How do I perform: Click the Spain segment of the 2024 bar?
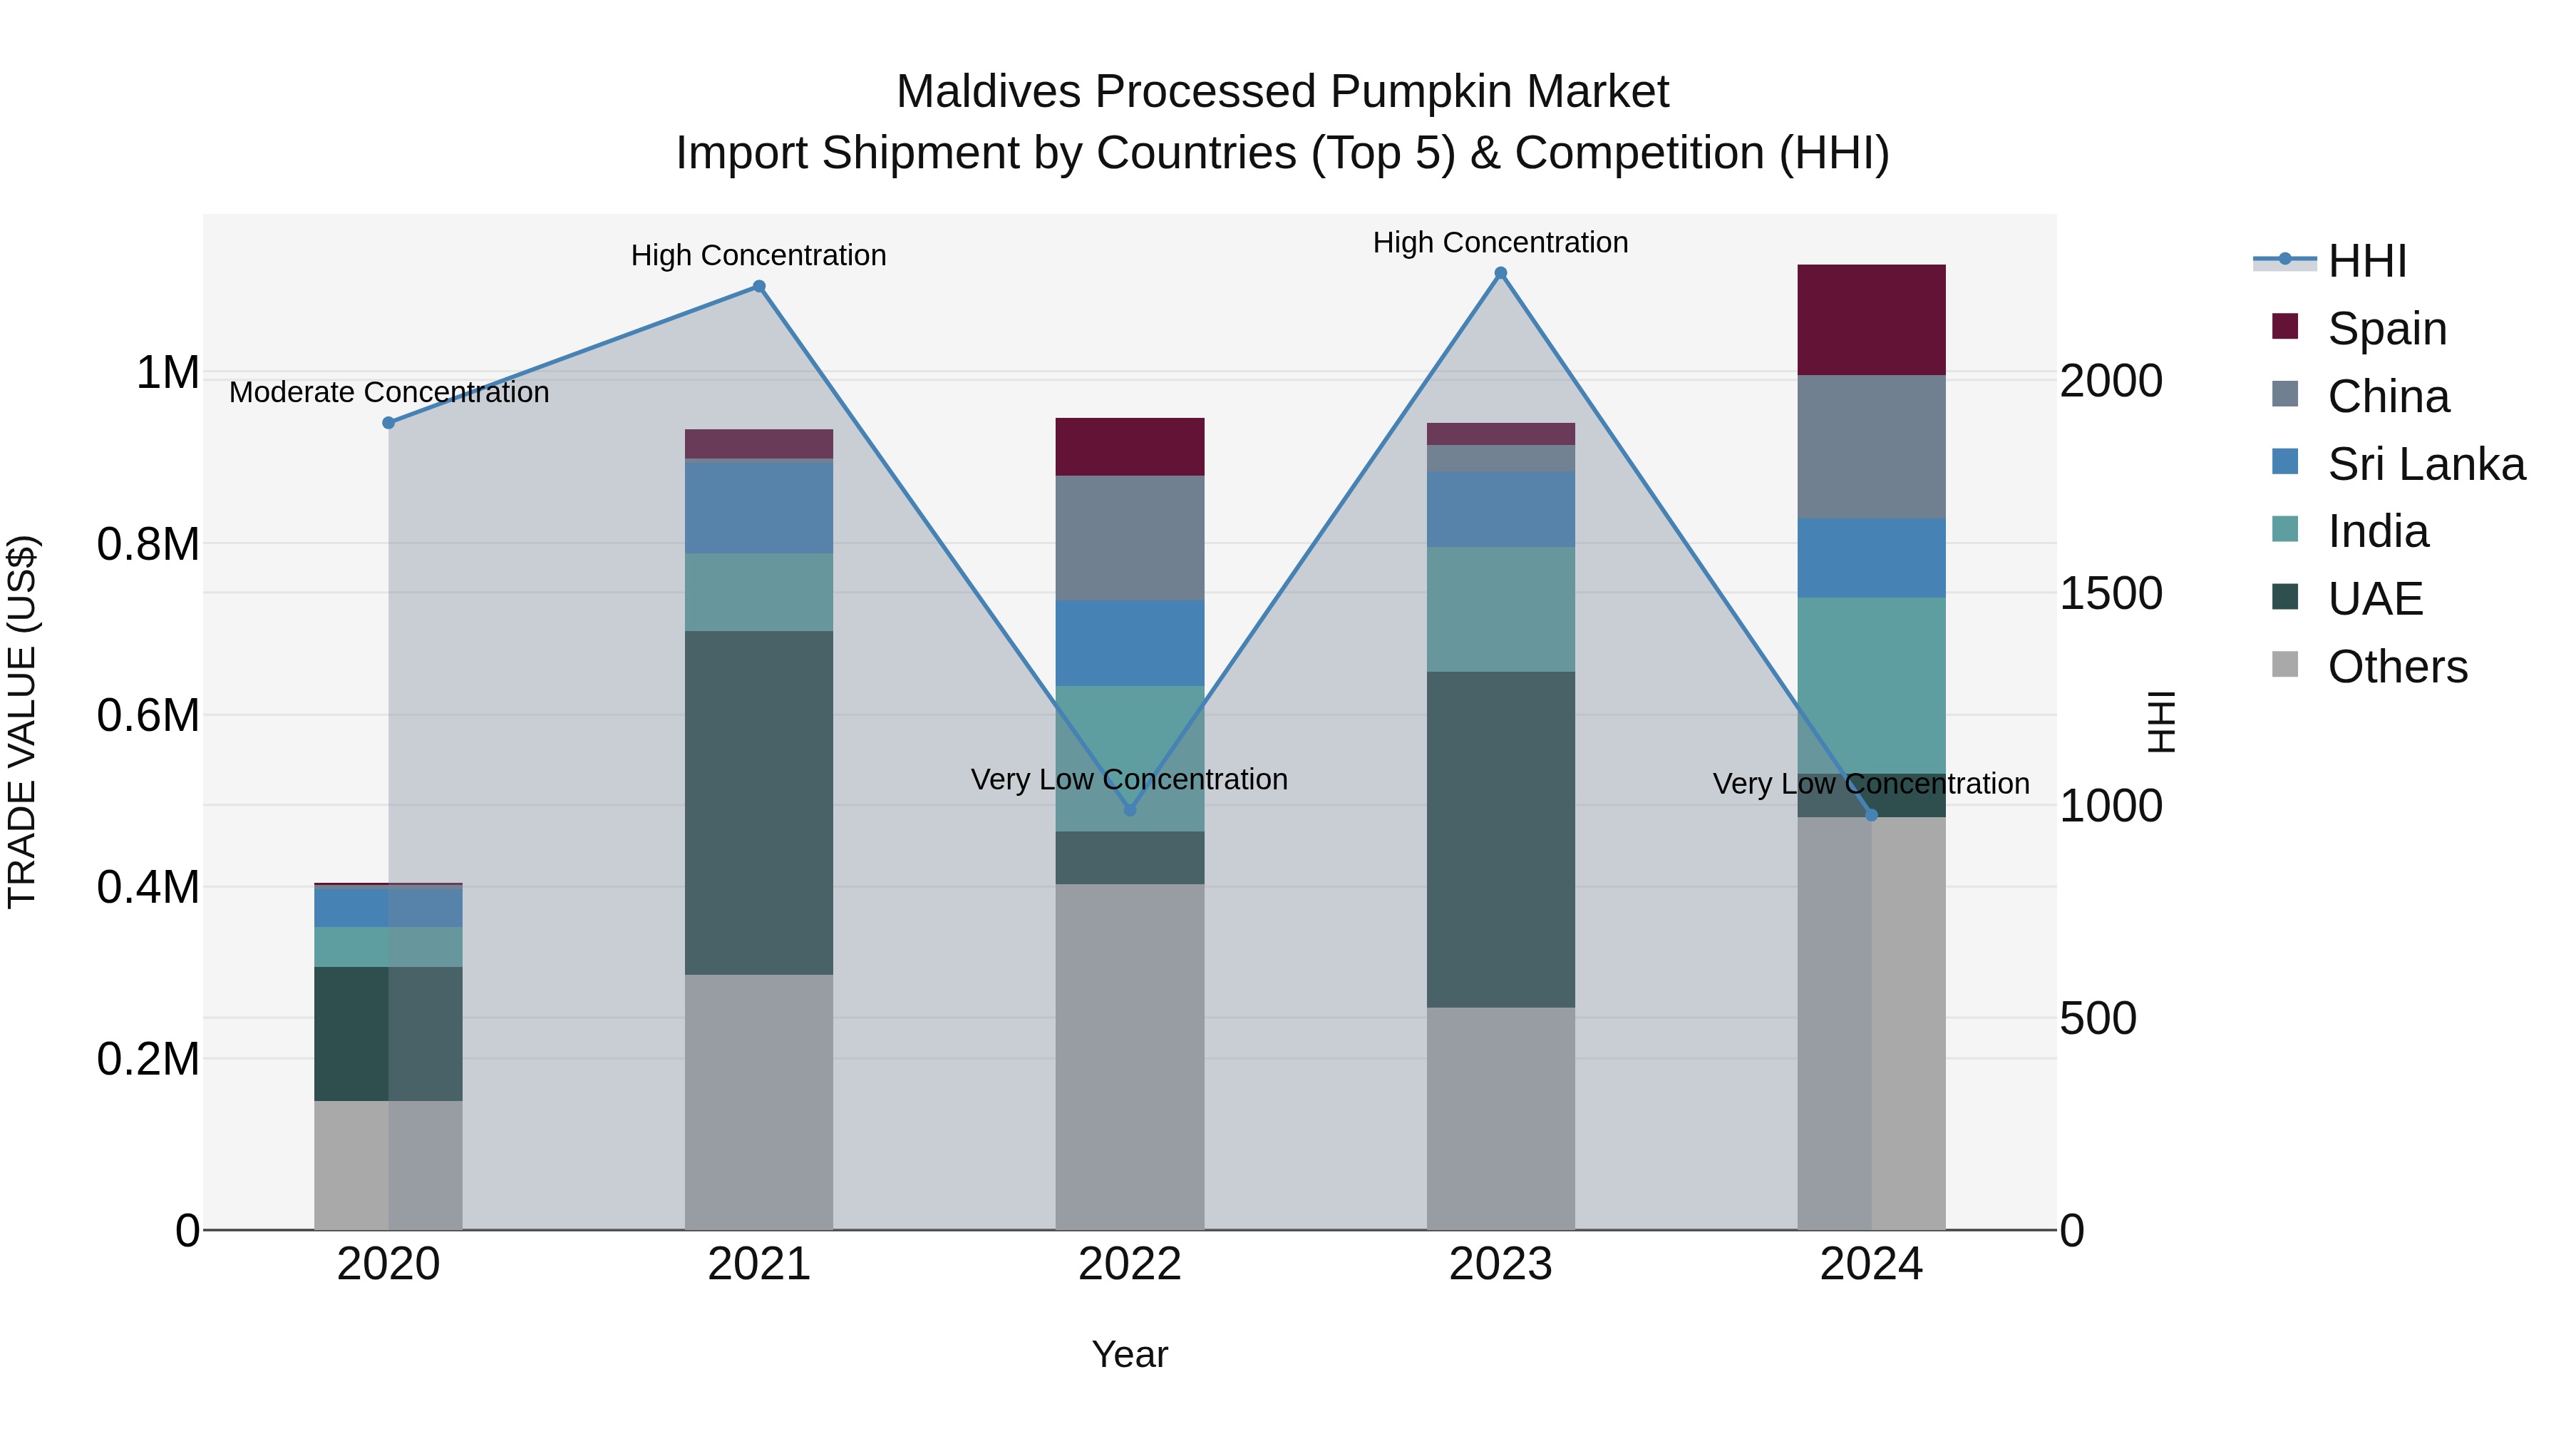point(1871,320)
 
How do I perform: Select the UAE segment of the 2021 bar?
point(759,802)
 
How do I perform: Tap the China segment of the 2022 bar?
point(1130,538)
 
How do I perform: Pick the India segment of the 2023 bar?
point(1500,609)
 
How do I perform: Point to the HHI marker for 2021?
point(759,287)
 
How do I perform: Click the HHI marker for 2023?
point(1500,273)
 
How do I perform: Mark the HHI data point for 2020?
point(388,423)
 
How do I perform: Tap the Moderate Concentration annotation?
point(388,393)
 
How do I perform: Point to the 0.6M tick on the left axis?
point(148,715)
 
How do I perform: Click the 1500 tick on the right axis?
point(2111,594)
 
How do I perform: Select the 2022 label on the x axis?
point(1130,1264)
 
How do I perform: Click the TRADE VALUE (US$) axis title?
point(22,722)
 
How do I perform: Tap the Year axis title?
point(1130,1354)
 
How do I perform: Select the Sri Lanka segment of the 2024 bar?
point(1871,558)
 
